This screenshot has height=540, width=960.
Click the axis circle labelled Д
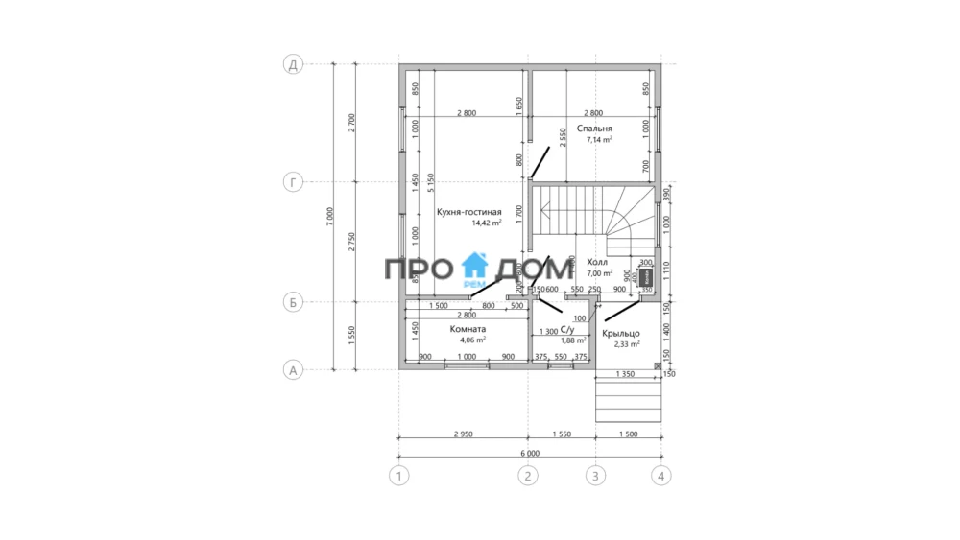coord(293,65)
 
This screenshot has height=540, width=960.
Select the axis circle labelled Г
coord(293,182)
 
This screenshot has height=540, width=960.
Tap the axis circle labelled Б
coord(293,302)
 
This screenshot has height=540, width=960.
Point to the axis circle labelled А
coord(293,369)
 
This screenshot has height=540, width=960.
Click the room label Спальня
coord(594,128)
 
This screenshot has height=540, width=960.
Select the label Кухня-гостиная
coord(469,212)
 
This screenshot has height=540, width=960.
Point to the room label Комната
coord(468,328)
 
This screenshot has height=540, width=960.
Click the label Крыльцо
coord(621,333)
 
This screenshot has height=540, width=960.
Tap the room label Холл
coord(598,261)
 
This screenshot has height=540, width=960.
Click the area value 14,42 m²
coord(487,223)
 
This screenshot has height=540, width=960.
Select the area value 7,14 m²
coord(598,139)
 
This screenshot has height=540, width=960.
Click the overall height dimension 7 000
coord(329,217)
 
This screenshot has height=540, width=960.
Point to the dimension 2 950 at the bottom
coord(462,434)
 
